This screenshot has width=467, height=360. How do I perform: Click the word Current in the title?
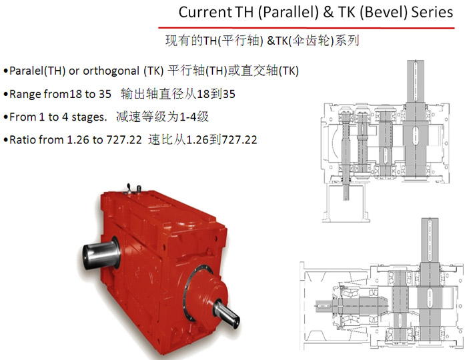[x=205, y=13]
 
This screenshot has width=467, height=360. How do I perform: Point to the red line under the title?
[x=306, y=28]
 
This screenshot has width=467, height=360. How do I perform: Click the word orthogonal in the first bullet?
[x=111, y=71]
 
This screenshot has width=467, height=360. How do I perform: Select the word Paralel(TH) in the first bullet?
[x=37, y=71]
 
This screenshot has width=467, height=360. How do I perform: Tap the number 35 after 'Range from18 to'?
[x=105, y=94]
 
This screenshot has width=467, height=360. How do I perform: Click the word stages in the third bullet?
[x=89, y=117]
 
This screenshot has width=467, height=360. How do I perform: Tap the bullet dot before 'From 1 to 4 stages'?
[x=5, y=117]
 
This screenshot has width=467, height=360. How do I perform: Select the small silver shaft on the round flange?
[x=226, y=314]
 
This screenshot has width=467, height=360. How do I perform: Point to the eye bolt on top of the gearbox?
[x=129, y=189]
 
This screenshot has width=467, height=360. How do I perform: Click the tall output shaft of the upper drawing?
[x=416, y=119]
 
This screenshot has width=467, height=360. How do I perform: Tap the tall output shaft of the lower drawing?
[x=430, y=283]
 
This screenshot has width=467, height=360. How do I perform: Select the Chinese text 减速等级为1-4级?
[x=163, y=117]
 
